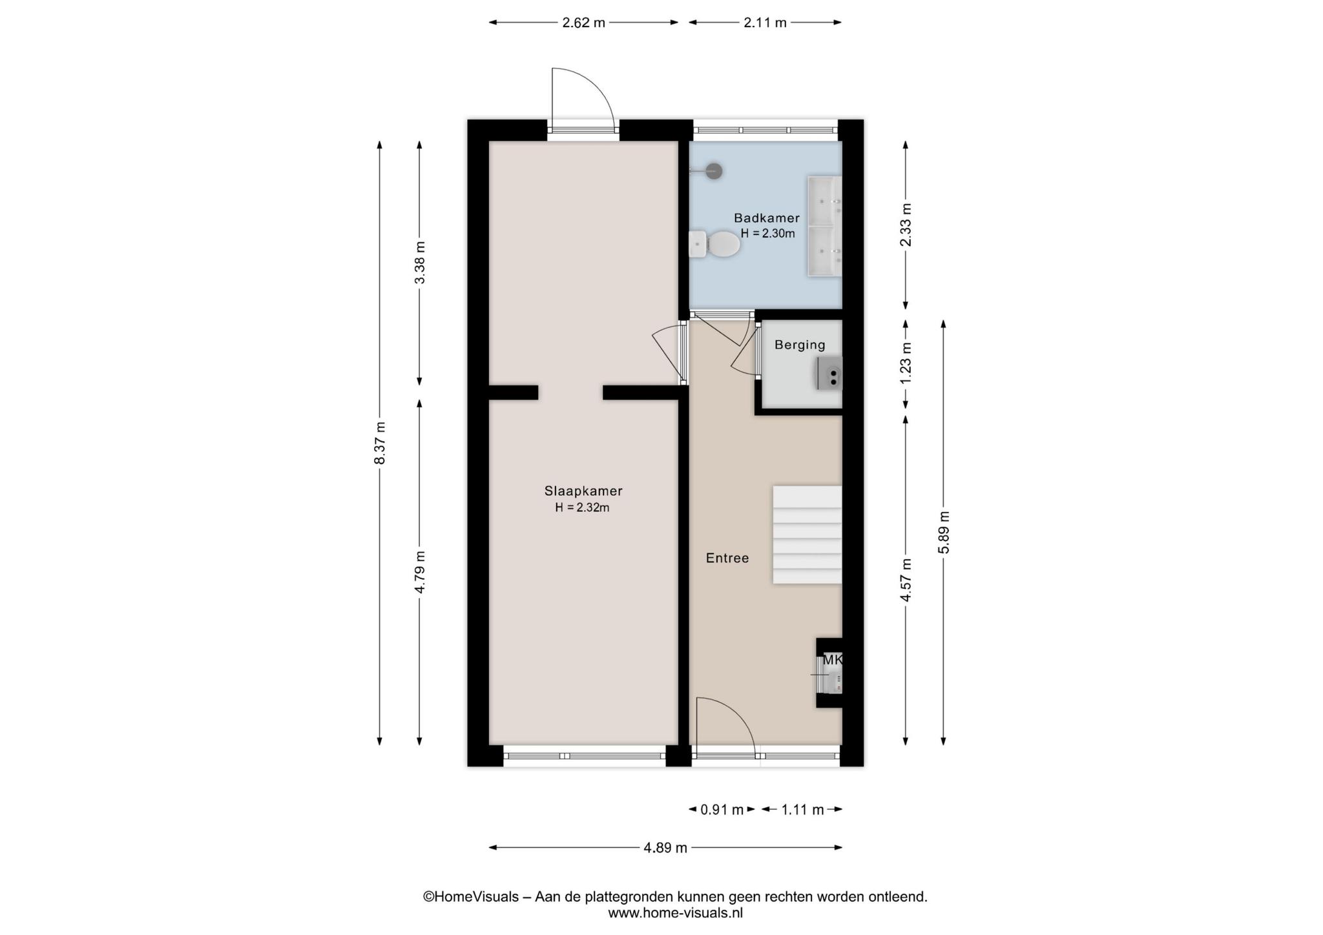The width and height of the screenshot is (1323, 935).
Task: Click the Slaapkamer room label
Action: (583, 491)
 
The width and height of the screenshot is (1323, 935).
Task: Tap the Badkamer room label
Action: (767, 218)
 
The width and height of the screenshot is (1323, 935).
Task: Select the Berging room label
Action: (800, 345)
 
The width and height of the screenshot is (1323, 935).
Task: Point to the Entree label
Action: (727, 558)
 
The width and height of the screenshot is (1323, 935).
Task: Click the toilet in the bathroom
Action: (714, 244)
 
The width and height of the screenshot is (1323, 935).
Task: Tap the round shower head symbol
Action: (713, 171)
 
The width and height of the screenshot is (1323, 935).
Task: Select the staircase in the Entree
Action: (807, 535)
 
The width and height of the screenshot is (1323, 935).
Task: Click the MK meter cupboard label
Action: (832, 661)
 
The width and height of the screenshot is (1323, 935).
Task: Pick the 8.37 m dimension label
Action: (380, 443)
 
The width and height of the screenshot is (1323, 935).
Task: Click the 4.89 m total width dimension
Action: (665, 848)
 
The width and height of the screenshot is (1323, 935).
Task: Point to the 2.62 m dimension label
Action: (583, 23)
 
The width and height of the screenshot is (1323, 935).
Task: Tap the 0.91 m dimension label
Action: (722, 810)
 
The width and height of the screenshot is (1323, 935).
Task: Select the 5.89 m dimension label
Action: (944, 532)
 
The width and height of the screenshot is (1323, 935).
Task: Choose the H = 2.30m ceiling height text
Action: (767, 234)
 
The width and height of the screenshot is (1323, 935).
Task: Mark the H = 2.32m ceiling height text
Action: (582, 508)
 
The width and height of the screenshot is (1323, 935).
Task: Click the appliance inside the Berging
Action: (829, 373)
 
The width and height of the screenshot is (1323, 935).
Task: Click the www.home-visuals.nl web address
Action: (675, 913)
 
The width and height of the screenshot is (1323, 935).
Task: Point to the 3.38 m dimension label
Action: (420, 262)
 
